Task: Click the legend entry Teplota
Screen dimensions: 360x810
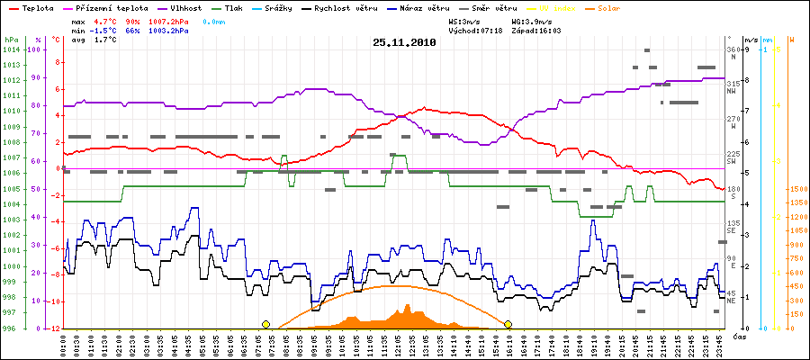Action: [32, 7]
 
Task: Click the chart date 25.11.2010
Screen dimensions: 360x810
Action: [404, 41]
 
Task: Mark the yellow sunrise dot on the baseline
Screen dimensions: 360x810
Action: [265, 324]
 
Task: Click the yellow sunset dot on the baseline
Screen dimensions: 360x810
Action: [508, 324]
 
